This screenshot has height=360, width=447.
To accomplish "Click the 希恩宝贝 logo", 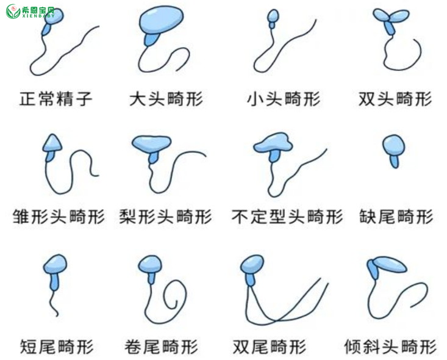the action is click(30, 12).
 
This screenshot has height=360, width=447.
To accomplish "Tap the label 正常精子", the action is click(55, 99).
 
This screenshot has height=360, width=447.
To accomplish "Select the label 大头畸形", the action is click(166, 99).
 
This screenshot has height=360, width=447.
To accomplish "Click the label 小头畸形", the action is click(284, 99).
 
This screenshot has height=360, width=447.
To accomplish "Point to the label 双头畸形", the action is click(395, 99).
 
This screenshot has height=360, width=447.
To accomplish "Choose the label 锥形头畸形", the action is click(59, 217).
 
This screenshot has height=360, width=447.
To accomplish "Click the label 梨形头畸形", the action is click(165, 217).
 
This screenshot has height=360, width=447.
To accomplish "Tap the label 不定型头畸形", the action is click(287, 217).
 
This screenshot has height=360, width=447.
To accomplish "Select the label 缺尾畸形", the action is click(396, 217).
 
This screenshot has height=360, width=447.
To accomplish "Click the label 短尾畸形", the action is click(57, 347).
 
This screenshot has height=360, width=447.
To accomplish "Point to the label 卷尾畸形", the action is click(162, 347).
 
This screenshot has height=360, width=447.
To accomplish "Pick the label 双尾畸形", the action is click(270, 347).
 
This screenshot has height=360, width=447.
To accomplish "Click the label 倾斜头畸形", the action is click(390, 347).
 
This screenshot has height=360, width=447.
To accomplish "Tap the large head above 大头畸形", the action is click(162, 20).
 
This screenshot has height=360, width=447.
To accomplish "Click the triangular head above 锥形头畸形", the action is click(52, 143).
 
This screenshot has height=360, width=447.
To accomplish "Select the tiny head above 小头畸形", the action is click(273, 16).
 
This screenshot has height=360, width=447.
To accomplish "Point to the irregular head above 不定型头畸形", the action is click(273, 142).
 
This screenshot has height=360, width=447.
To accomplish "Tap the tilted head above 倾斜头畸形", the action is click(390, 264).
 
